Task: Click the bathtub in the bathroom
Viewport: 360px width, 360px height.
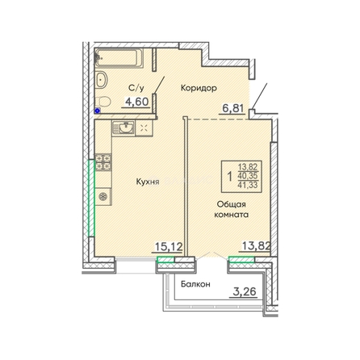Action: tap(119, 57)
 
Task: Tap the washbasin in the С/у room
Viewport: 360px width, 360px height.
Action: tap(102, 79)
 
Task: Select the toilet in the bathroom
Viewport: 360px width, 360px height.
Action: tap(103, 102)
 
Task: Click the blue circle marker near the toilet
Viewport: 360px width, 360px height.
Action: tap(98, 110)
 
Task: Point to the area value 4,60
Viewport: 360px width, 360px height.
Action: tap(136, 102)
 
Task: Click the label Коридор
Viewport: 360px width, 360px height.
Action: tap(199, 88)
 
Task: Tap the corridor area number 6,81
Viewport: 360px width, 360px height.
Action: tap(232, 108)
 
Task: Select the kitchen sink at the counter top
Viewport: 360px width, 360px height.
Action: tap(123, 128)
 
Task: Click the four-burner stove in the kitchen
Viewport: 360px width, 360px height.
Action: tap(103, 162)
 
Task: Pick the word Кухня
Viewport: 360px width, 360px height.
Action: tap(148, 182)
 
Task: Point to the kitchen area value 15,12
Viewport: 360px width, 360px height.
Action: tap(170, 246)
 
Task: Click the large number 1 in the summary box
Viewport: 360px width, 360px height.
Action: tap(229, 177)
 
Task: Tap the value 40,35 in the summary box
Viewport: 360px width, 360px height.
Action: tap(248, 176)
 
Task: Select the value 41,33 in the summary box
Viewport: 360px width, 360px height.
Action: tap(248, 185)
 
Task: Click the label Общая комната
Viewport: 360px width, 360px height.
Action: tap(232, 209)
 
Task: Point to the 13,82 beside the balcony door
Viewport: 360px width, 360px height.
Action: tap(256, 245)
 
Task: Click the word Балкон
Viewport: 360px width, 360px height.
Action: tap(195, 284)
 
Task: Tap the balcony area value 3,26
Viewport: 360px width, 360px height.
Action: tap(244, 291)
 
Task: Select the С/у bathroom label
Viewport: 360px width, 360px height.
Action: tap(136, 88)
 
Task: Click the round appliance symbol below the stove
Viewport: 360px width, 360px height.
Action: tap(103, 197)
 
